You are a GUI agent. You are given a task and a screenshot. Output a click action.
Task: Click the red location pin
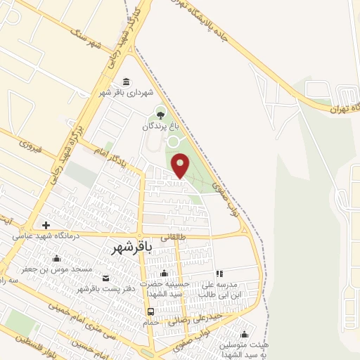[181, 165]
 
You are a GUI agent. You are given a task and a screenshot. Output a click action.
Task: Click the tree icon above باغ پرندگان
[161, 115]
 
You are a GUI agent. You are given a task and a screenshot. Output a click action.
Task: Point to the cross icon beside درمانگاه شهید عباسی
[46, 226]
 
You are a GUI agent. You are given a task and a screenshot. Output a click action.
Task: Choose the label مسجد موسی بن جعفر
[56, 269]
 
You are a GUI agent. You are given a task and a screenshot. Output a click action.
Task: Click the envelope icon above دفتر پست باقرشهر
[105, 278]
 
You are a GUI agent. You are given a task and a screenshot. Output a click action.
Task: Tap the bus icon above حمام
[150, 311]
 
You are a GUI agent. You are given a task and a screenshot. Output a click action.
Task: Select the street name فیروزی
[30, 146]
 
